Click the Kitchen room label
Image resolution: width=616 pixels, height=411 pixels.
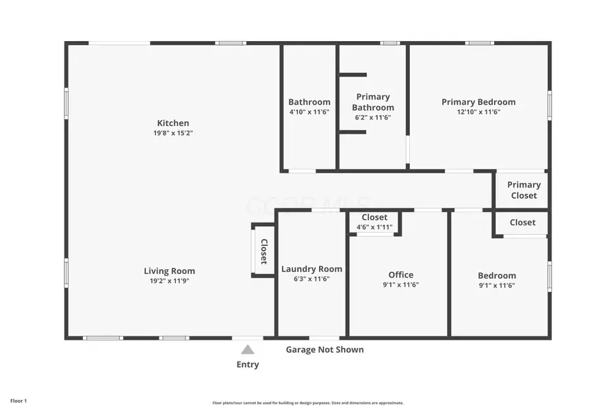[x=172, y=123]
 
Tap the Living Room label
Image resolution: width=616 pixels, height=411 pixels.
[x=169, y=271]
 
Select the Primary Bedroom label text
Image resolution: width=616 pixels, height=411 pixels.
[x=478, y=102]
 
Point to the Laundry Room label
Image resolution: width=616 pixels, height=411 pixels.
[x=311, y=269]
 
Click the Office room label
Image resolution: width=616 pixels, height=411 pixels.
[x=400, y=275]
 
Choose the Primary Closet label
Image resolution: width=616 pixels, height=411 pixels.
[x=524, y=190]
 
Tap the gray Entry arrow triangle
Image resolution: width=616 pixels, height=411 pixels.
[x=248, y=349]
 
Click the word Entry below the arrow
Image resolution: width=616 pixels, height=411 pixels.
[x=248, y=364]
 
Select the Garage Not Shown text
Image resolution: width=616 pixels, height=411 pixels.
[x=324, y=349]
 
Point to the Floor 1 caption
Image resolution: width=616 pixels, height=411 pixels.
[x=18, y=400]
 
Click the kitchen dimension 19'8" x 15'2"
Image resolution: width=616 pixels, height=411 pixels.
[x=172, y=134]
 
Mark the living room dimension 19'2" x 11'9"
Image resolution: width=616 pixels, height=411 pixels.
[x=169, y=281]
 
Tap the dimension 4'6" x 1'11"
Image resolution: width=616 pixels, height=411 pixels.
[x=374, y=227]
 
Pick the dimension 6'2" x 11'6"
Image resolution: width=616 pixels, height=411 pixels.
[x=373, y=117]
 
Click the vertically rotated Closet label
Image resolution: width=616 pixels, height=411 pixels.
[x=264, y=251]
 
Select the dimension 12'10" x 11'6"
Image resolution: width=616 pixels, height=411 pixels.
[x=478, y=112]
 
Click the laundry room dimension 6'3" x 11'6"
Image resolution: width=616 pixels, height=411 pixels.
[x=311, y=279]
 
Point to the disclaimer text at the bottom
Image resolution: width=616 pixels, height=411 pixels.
[x=307, y=403]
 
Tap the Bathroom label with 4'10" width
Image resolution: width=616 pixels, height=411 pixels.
[x=309, y=102]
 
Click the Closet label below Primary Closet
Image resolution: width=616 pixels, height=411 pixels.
[x=522, y=222]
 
